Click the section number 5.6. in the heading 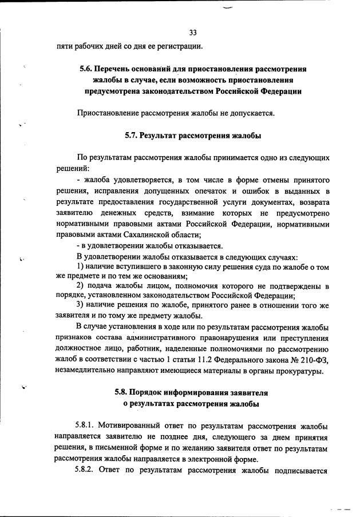[x=87, y=69]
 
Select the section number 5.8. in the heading [x=123, y=393]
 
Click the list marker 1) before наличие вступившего [x=81, y=268]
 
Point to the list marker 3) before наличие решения [x=81, y=307]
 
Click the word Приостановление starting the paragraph [x=109, y=113]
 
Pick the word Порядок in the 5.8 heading [x=148, y=393]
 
